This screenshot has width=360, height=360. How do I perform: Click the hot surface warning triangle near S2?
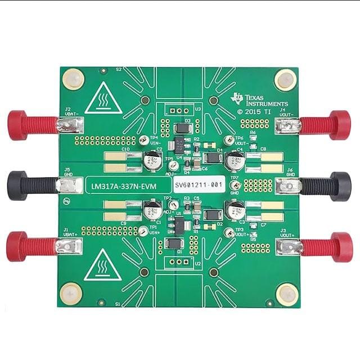pos(102,98)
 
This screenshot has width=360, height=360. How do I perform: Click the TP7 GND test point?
pos(236,186)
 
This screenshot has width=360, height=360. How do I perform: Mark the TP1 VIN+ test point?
pos(143,231)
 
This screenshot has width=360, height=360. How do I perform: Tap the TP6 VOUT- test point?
pos(228,141)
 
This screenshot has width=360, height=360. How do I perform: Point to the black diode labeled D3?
pos(182,129)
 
